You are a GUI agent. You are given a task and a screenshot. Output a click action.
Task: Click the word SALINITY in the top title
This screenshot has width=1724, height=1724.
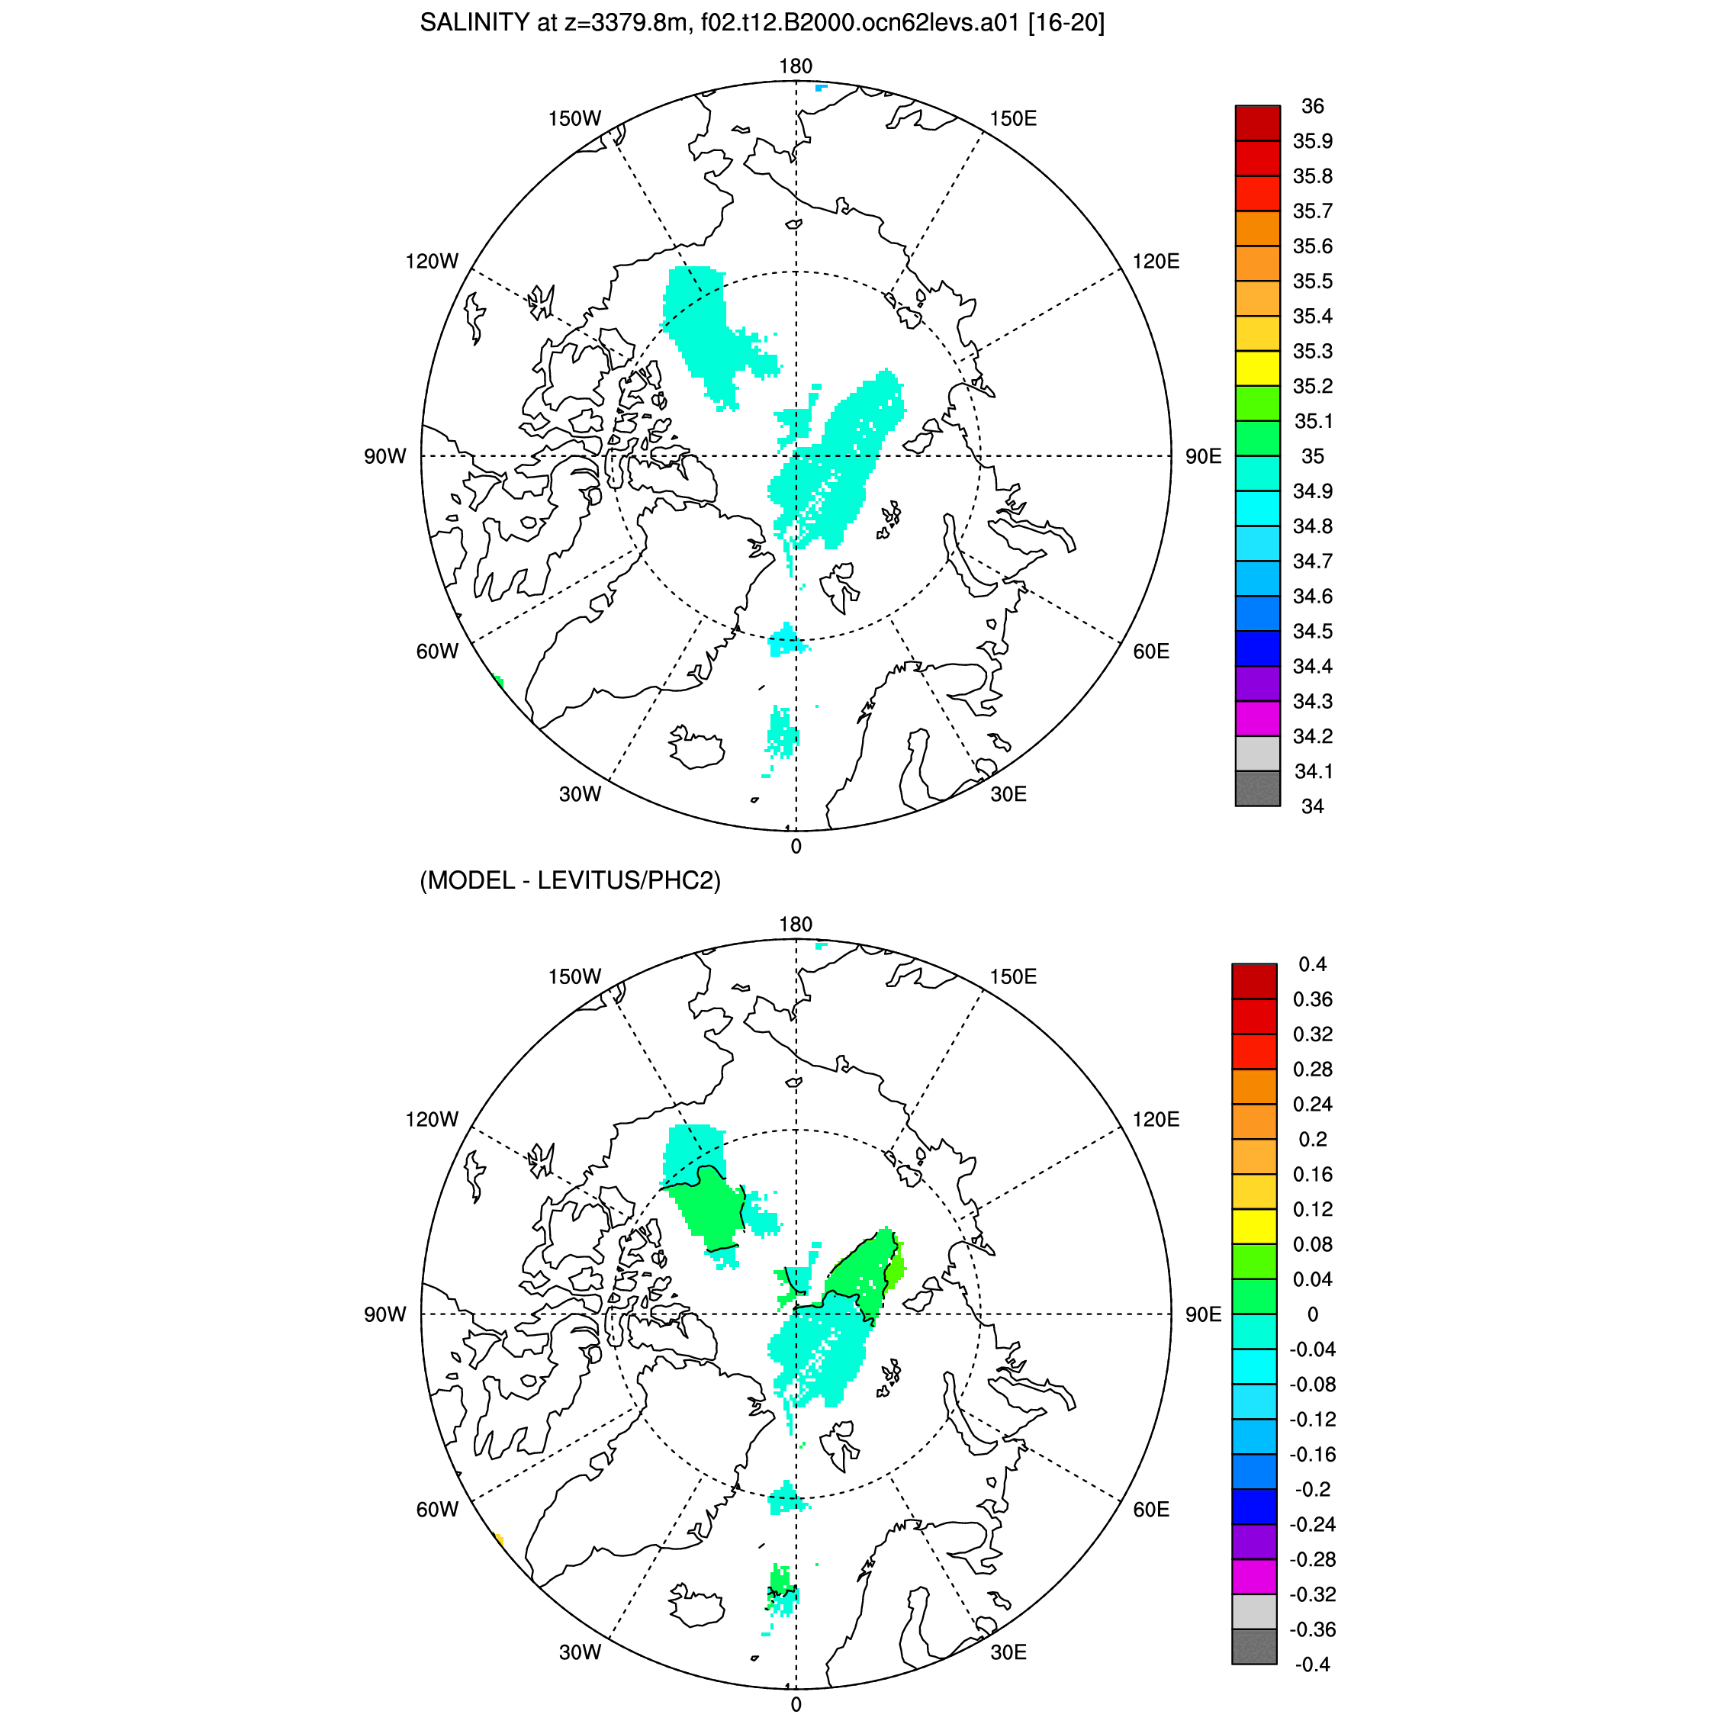tap(474, 23)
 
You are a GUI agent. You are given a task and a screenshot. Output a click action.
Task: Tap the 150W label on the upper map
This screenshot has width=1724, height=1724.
tap(574, 119)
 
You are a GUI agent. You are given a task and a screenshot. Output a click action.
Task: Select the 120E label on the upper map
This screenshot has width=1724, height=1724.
tap(1156, 262)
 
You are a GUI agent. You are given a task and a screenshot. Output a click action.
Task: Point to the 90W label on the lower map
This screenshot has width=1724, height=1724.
tap(384, 1314)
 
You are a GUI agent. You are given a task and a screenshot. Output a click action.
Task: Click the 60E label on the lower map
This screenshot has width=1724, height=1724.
tap(1151, 1509)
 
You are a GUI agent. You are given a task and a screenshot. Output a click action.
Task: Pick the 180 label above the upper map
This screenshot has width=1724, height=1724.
tap(795, 66)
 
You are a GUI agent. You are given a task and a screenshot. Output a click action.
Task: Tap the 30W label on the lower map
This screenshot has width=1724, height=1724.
tap(580, 1652)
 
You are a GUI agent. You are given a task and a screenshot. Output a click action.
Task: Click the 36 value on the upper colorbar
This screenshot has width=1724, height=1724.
tap(1313, 106)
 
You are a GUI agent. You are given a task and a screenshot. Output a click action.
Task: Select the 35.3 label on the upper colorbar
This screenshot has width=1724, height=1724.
tap(1313, 352)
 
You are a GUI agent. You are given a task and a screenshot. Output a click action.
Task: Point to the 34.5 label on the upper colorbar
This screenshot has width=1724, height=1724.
tap(1313, 632)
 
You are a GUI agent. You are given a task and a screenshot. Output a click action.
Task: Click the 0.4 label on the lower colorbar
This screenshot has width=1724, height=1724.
tap(1313, 965)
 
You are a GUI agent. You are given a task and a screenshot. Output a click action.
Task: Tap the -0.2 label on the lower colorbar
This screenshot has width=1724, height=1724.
tap(1312, 1489)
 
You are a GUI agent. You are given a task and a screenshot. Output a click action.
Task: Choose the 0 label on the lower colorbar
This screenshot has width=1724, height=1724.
tap(1313, 1314)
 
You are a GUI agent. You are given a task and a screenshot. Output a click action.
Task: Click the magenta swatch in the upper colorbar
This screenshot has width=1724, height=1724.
tap(1257, 719)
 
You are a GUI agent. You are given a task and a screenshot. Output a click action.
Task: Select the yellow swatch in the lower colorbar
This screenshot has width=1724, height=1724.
tap(1254, 1227)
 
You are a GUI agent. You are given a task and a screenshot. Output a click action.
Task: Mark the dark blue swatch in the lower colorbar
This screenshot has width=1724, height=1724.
tap(1254, 1507)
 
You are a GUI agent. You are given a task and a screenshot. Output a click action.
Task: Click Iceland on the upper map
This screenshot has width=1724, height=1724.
tap(695, 746)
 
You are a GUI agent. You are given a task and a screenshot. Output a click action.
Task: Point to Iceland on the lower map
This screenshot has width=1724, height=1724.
tap(695, 1604)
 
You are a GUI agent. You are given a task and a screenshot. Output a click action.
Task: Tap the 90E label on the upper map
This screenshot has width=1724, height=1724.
tap(1203, 457)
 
